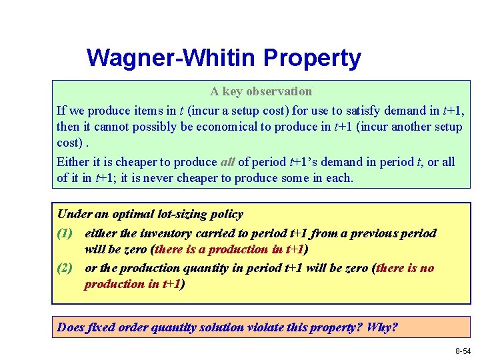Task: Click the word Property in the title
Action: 312,59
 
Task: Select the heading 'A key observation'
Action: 261,91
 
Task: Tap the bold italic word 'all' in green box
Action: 227,162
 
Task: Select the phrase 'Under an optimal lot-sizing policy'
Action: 150,215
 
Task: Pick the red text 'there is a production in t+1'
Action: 227,250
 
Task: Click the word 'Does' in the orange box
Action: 70,327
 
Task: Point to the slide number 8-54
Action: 463,350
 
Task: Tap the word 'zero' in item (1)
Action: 135,250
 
